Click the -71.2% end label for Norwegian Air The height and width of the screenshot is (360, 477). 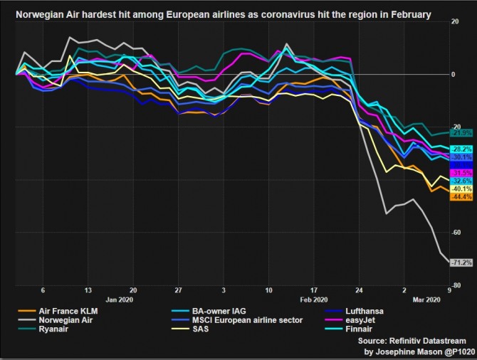(x=461, y=263)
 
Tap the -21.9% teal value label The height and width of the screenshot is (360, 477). (x=461, y=133)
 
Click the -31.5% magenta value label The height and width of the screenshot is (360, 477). (x=461, y=172)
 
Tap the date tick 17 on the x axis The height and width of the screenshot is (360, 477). (x=313, y=291)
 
